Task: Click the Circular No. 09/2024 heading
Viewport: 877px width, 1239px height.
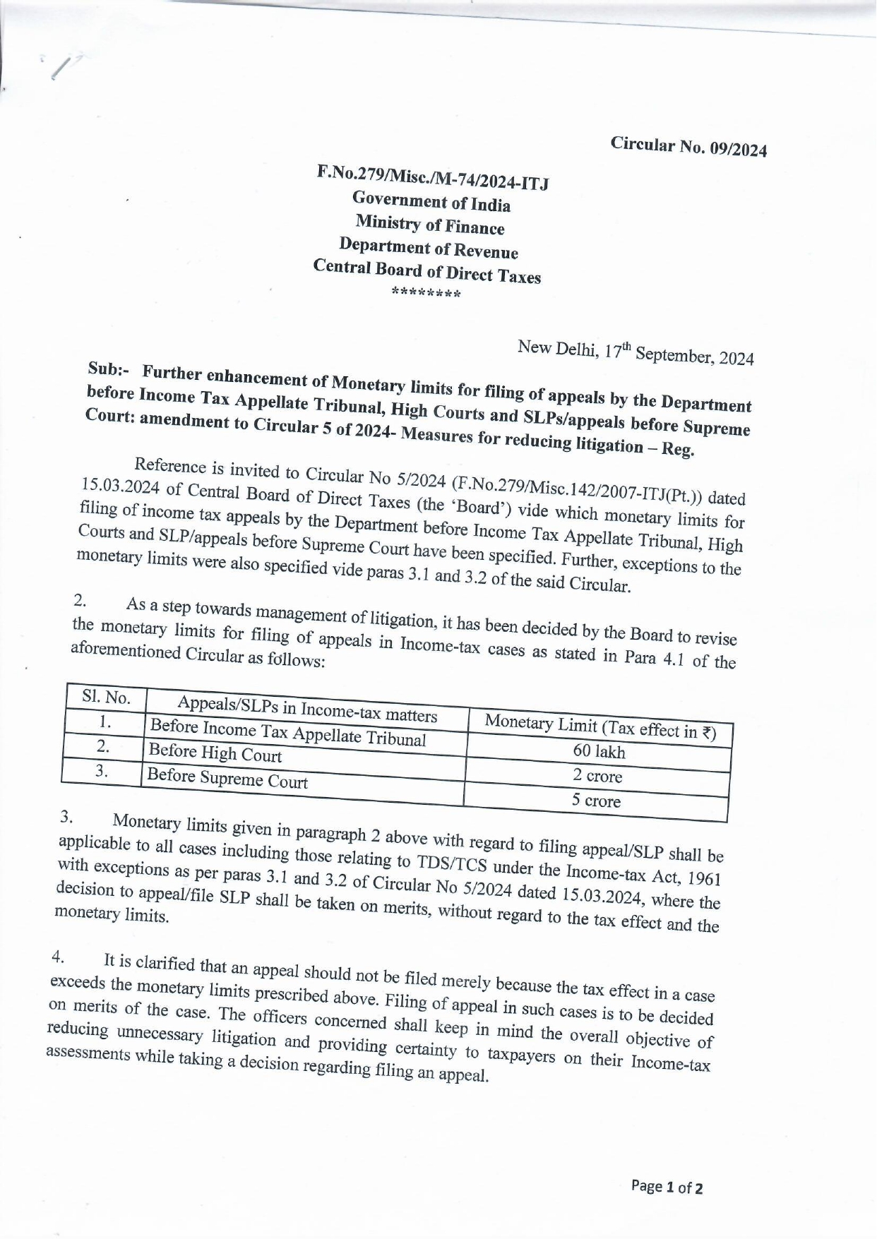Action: pos(688,146)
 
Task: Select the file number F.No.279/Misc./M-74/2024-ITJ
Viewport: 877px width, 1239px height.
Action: pos(432,176)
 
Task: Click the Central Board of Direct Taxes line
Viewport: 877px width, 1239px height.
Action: pos(427,271)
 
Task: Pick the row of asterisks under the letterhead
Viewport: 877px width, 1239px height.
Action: pos(426,294)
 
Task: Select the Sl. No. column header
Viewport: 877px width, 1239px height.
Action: pos(106,698)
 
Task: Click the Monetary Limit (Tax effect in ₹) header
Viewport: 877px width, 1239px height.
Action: pos(601,726)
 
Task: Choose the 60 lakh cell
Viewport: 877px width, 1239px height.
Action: pos(599,752)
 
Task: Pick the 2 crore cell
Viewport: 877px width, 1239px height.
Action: pos(597,776)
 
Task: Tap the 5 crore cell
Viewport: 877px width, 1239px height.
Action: pos(596,801)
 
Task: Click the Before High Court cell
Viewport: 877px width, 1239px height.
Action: pos(215,753)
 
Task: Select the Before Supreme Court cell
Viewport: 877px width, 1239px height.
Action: pos(227,779)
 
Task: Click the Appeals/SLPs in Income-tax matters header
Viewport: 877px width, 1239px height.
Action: pos(307,709)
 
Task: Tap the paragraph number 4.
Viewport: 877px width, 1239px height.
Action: pos(59,958)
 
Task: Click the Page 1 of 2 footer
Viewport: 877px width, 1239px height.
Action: pos(667,1187)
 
